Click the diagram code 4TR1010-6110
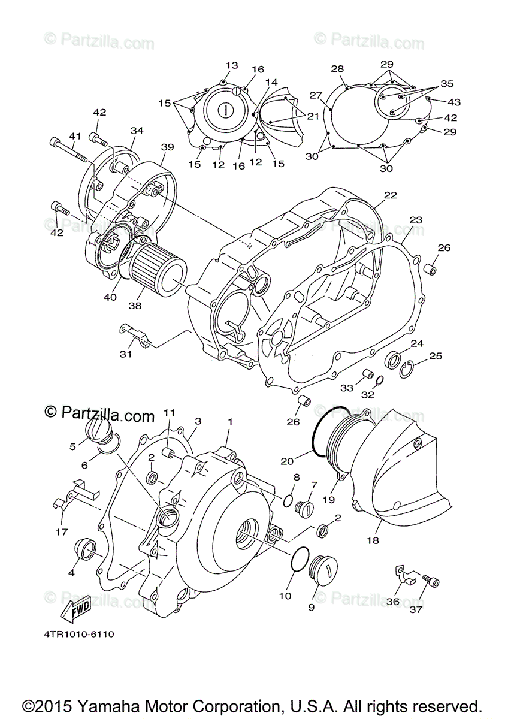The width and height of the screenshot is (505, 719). pos(79,633)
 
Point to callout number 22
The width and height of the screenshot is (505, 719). pos(391,195)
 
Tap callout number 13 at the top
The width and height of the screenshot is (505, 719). pos(232,65)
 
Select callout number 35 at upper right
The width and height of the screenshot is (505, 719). pos(447,84)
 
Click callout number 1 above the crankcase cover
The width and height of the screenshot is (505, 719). pos(229,422)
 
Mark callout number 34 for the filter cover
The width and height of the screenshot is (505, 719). pos(137,131)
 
